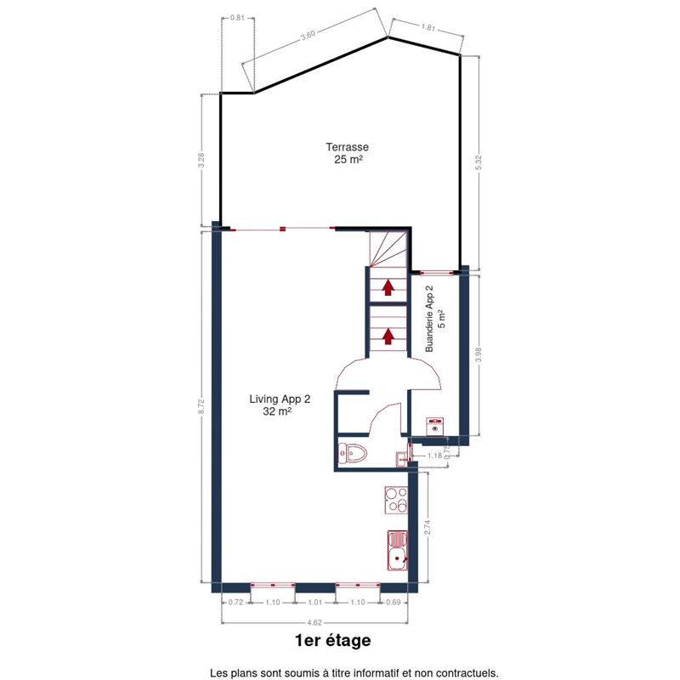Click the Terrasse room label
348,153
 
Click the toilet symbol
353,454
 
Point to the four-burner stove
396,500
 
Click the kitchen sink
397,550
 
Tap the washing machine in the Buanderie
434,427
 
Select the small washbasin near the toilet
401,459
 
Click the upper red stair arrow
388,287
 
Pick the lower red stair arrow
388,336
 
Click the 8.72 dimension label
201,407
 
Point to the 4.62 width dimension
314,623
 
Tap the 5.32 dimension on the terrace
479,162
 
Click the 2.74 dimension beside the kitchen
428,527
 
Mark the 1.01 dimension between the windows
315,603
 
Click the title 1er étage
332,641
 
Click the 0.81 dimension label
237,18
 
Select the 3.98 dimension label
479,354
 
